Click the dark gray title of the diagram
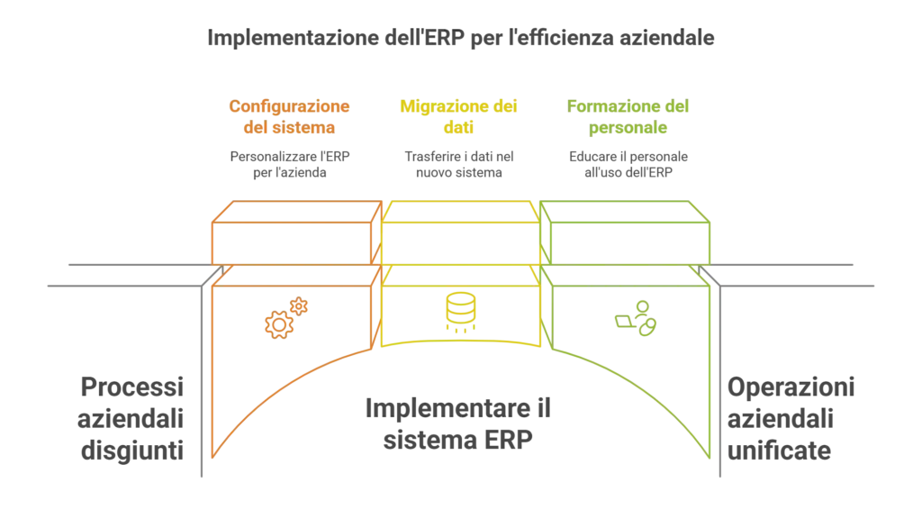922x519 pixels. [460, 41]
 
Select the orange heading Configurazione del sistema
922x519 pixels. [290, 117]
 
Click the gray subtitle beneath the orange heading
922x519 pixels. [290, 163]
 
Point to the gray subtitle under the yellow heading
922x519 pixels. [459, 163]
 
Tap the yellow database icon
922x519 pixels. [460, 314]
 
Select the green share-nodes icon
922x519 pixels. [637, 317]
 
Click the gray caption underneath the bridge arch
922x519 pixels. [459, 423]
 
